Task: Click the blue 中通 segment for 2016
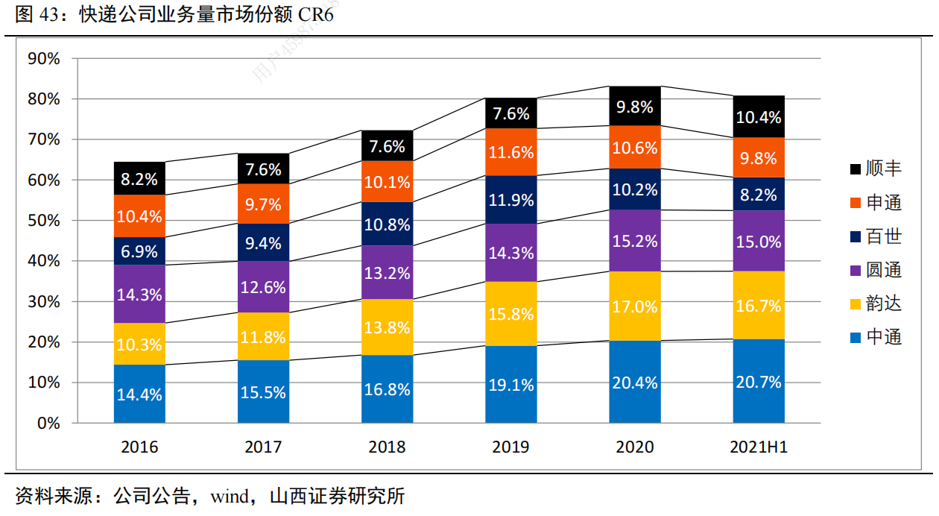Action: pos(139,394)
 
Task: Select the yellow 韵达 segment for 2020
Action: pos(635,306)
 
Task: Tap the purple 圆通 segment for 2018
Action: pos(387,272)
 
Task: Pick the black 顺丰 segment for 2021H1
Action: pos(759,117)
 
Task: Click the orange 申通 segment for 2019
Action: pos(510,152)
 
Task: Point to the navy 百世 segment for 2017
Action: pos(263,242)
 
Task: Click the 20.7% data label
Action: pos(759,383)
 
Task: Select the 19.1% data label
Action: pos(510,385)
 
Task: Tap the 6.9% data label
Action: pos(139,251)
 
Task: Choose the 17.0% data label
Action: pos(635,306)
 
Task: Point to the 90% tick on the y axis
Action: pos(44,59)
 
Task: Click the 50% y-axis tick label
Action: pos(44,221)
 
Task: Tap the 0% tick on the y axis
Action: pos(48,423)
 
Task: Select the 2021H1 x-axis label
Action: pos(759,447)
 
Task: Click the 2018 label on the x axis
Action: pos(387,447)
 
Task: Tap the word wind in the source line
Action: pos(230,496)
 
